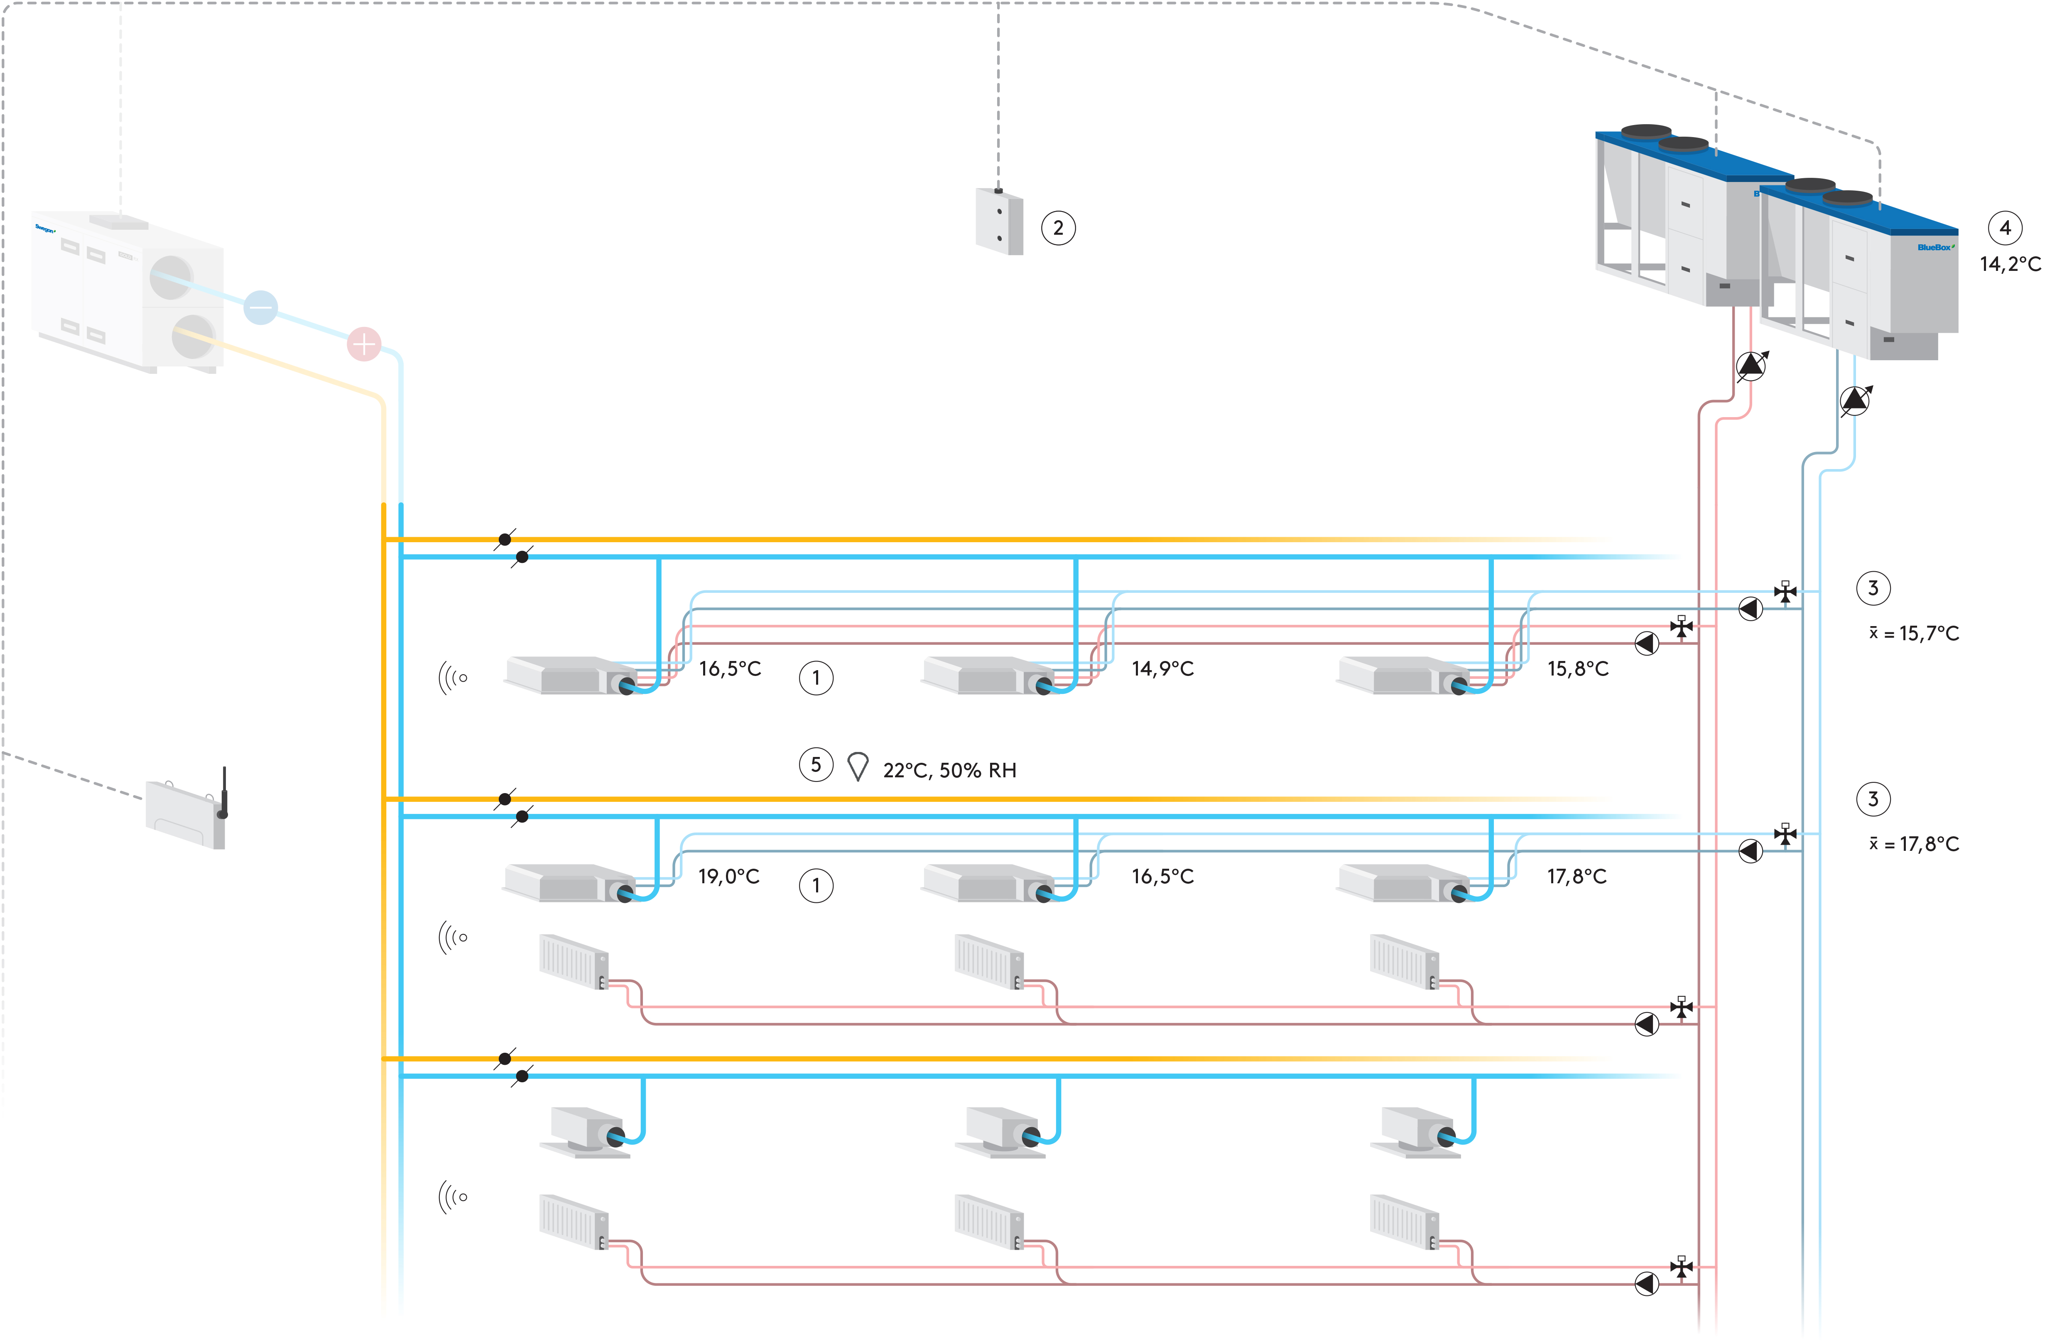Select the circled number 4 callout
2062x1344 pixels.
(x=2005, y=228)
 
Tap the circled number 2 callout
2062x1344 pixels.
(x=1058, y=228)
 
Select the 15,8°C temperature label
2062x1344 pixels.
(x=1578, y=668)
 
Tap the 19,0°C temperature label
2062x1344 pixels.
(x=728, y=876)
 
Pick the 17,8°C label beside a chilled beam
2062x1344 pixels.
(x=1577, y=876)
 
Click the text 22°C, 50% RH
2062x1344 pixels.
(x=949, y=770)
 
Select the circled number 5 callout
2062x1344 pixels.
(x=815, y=764)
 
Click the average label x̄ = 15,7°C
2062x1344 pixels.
(x=1914, y=634)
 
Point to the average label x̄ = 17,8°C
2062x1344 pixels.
(x=1914, y=844)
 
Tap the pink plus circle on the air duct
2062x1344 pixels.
(x=364, y=344)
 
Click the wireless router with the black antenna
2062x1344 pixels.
(x=186, y=813)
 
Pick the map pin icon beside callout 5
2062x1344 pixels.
(x=858, y=766)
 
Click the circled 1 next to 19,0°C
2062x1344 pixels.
(x=815, y=886)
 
